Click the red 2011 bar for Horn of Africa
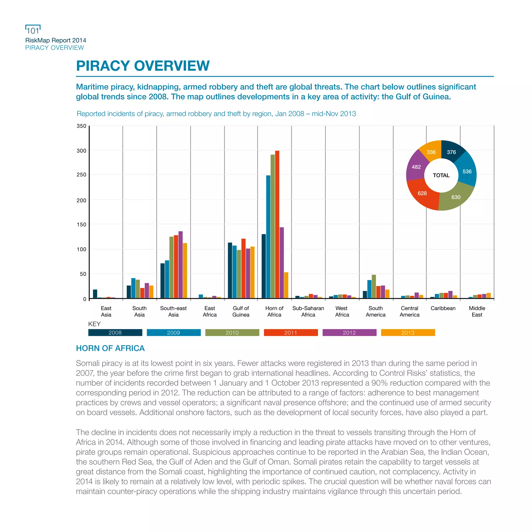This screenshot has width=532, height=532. tap(277, 224)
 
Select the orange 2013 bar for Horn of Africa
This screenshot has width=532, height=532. tap(286, 285)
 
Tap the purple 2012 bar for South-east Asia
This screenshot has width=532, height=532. tap(180, 265)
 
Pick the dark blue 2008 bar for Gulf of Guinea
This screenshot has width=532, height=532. tap(230, 270)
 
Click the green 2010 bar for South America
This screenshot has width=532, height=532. tap(374, 286)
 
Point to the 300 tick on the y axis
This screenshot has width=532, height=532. tap(81, 151)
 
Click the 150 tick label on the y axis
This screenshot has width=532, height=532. tap(81, 224)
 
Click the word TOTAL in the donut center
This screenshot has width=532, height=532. tap(441, 175)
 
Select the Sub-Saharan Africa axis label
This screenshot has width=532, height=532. tap(308, 311)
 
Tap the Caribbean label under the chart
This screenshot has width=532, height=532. tap(443, 308)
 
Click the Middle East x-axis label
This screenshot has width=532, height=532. tap(477, 311)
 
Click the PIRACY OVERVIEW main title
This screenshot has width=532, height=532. tap(143, 66)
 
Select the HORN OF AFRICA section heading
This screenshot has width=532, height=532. tap(110, 348)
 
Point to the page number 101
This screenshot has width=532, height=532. tap(33, 31)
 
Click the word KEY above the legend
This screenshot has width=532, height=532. tap(94, 324)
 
